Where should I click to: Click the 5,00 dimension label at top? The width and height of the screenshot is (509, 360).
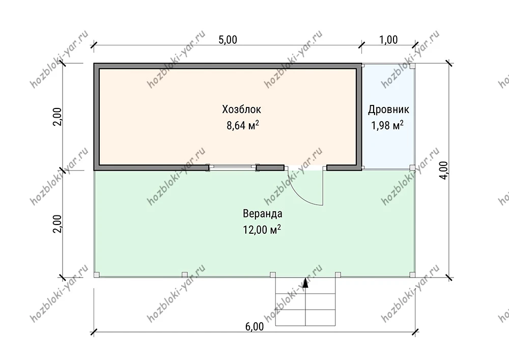[x=228, y=40]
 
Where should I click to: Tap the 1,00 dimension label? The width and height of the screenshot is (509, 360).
[x=388, y=40]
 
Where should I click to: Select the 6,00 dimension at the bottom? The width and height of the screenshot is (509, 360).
[x=254, y=326]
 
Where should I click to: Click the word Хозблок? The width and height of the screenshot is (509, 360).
[x=241, y=109]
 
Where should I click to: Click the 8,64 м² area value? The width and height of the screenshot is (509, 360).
[x=242, y=125]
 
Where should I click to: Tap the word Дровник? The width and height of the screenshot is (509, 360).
[x=388, y=109]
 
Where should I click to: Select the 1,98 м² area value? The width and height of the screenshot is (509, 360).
[x=387, y=125]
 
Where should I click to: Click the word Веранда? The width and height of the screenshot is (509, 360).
[x=263, y=214]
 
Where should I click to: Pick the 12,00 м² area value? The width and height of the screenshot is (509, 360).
[x=262, y=230]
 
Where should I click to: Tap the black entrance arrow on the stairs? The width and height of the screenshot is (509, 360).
[x=305, y=283]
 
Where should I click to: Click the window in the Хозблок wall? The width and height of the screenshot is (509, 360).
[x=233, y=168]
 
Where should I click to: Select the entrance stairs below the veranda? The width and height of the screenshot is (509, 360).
[x=305, y=301]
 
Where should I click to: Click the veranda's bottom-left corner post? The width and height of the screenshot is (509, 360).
[x=97, y=275]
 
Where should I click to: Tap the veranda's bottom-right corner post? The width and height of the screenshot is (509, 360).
[x=412, y=275]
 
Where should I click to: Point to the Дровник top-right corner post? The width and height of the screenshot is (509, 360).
[x=412, y=66]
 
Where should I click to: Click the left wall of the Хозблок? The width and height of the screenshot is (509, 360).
[x=97, y=117]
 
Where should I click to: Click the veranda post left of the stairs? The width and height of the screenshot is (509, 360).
[x=273, y=275]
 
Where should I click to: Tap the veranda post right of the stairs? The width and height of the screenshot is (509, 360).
[x=338, y=275]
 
